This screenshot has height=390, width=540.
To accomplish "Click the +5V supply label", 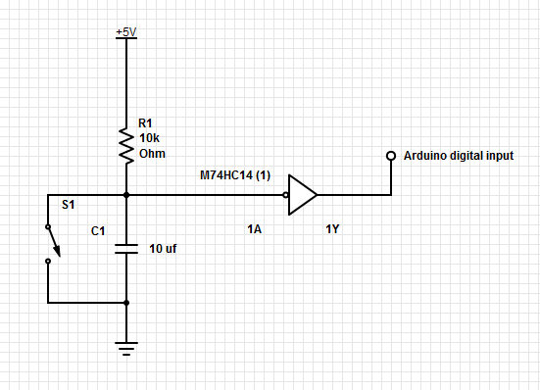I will point(126,31).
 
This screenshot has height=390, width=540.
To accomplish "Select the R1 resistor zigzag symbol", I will point(126,145).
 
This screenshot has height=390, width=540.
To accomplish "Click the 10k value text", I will point(149,139).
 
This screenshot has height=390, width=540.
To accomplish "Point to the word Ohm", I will point(152,154).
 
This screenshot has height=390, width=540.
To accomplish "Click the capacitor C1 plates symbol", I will point(126,249).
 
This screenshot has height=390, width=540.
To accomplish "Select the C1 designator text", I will point(98,232).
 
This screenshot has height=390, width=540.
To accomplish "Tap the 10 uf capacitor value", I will point(163,249).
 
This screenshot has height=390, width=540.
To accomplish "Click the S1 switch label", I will point(68,206).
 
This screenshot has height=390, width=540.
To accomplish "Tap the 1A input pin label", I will point(256,229).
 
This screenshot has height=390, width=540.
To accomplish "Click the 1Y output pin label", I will point(334,229).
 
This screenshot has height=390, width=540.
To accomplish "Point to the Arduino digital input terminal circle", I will point(390,156).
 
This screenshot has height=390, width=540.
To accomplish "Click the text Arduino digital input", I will point(458,156).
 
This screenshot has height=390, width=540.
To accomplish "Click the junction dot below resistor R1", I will point(126,195).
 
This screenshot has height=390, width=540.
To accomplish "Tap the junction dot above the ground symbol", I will point(126,303).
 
